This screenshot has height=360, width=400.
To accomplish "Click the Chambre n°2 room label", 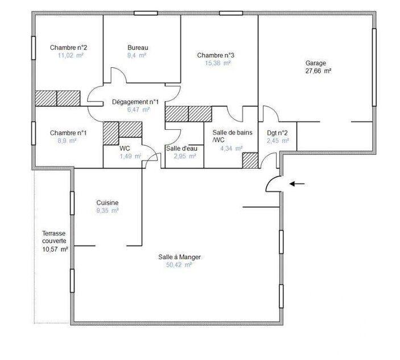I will pos(68,47).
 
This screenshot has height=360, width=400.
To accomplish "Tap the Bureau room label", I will pos(137,47).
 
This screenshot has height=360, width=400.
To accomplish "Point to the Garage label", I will pos(316,63).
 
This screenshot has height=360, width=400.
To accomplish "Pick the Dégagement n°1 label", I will pos(135,101).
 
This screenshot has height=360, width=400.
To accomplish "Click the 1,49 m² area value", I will pos(130,156).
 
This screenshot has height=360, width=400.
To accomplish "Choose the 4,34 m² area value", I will pos(232,148).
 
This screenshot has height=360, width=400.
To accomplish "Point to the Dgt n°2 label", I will pos(278,133).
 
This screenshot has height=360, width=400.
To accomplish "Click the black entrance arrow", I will pos(296,183).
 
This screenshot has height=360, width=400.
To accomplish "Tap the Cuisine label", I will pos(107,203).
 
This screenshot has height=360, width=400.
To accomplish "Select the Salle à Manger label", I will pos(180,257).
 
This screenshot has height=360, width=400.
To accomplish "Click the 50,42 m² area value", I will pos(180,265).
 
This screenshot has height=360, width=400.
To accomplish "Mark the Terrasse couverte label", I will pos(55,237).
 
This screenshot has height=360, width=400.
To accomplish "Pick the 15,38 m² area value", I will pos(218,63).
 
